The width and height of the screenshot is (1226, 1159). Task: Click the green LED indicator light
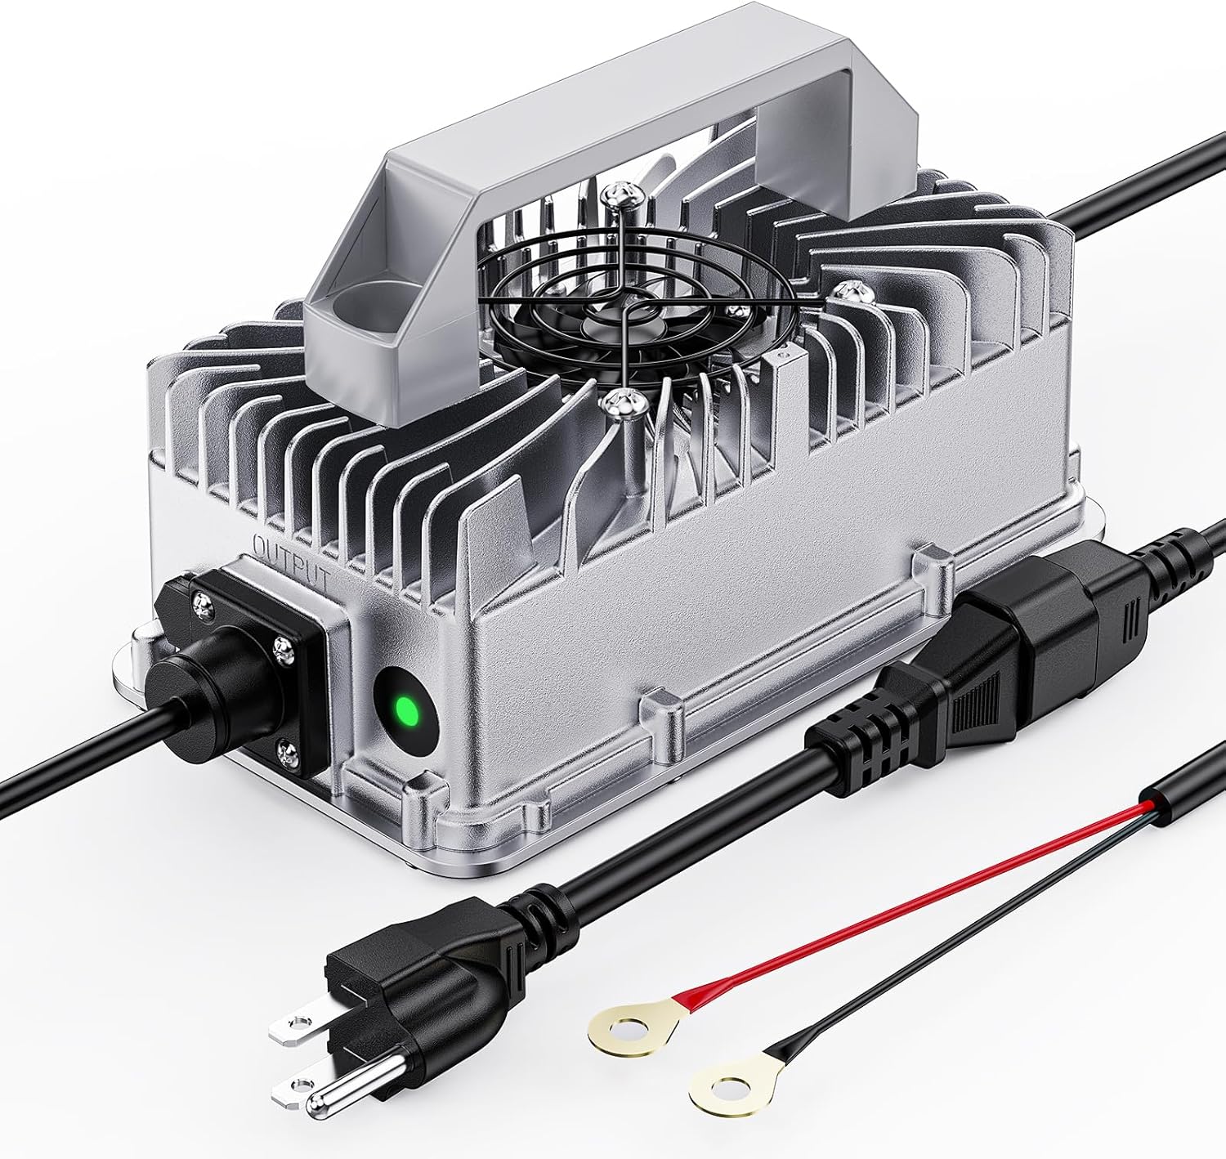point(405,709)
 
